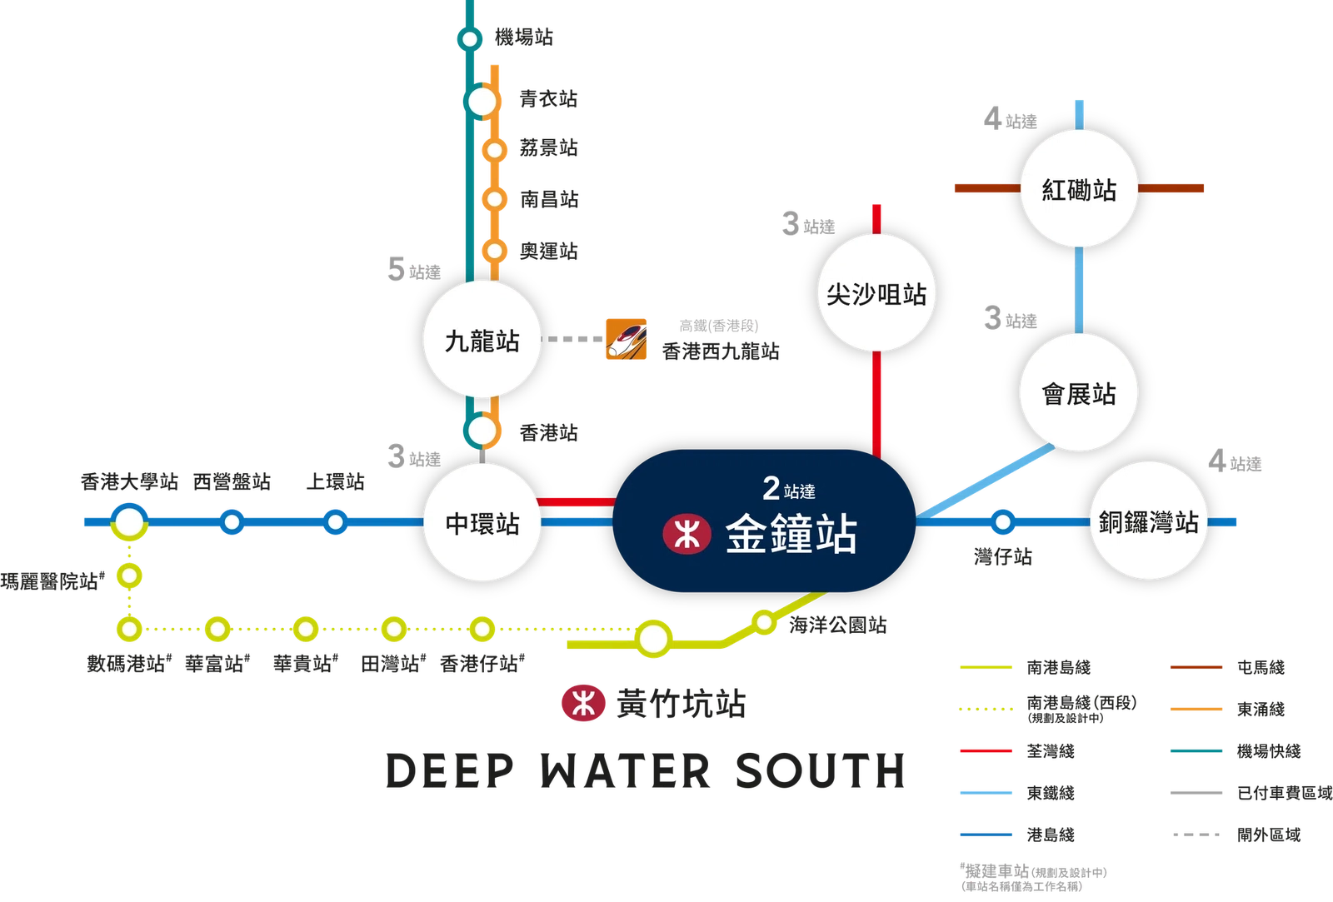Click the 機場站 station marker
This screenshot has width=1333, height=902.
point(470,39)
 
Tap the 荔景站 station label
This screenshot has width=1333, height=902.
point(548,147)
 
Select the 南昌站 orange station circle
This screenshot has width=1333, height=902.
point(494,199)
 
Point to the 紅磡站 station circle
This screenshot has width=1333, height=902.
point(1079,188)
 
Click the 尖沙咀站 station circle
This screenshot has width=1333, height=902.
point(876,292)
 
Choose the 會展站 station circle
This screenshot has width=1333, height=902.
point(1078,392)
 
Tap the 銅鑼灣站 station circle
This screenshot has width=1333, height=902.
point(1148,521)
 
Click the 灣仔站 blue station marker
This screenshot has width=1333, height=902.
point(1003,522)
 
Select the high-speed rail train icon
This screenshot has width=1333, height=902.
point(626,339)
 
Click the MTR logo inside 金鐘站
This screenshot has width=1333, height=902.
point(686,534)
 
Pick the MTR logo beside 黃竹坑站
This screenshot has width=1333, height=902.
point(583,703)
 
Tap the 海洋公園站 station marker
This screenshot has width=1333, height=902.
point(764,622)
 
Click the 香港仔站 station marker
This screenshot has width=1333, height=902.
point(482,629)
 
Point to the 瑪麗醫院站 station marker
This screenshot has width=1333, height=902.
point(129,576)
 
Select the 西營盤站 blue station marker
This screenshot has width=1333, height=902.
point(232,522)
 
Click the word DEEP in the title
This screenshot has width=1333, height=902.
point(450,771)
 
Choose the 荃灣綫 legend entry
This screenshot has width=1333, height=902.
point(1017,751)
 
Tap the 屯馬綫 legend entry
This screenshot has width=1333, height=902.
point(1228,667)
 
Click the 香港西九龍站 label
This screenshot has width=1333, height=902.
point(721,351)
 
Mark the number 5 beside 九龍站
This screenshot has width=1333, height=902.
point(396,269)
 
